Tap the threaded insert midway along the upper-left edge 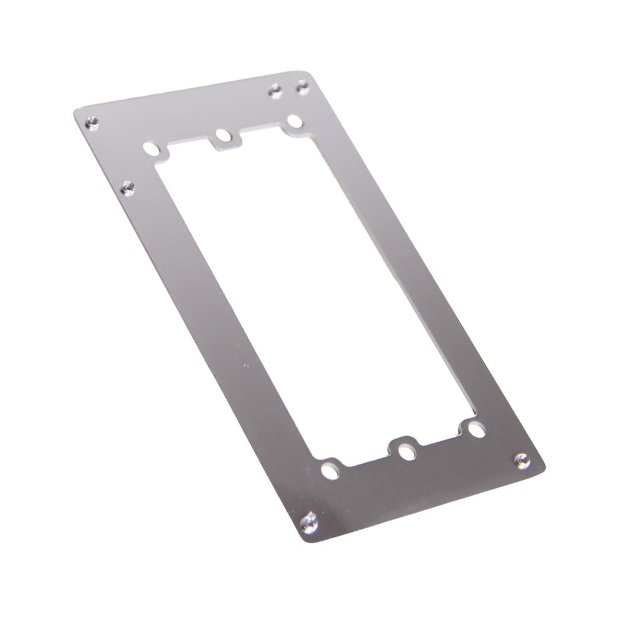pos(127,186)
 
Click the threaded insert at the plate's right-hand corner pos(521,461)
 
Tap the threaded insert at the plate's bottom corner pos(308,520)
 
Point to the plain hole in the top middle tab pos(222,135)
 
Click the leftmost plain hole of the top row pos(151,150)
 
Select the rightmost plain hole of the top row pos(294,120)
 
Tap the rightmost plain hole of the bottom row pos(476,431)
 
